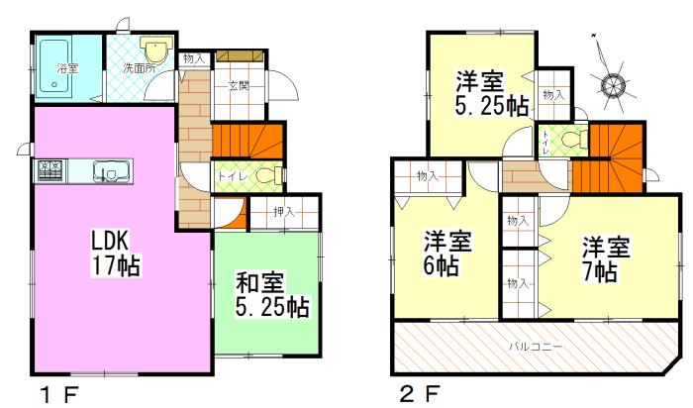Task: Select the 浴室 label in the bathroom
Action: click(x=67, y=68)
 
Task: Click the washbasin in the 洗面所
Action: click(x=157, y=51)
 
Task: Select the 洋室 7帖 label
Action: click(x=600, y=258)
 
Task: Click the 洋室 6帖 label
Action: click(x=447, y=253)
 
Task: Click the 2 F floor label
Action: click(x=419, y=395)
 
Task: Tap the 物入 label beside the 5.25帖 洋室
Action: click(x=553, y=95)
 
